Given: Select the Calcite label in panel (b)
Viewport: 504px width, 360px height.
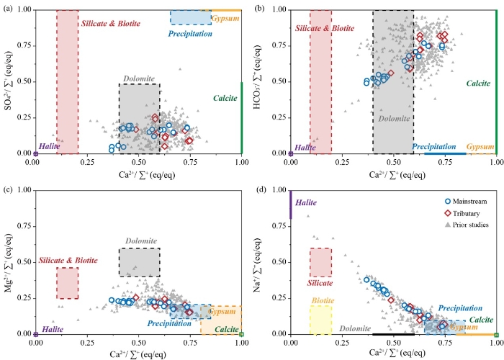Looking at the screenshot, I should (x=478, y=84).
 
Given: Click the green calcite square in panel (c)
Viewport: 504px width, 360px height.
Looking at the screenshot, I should (x=242, y=334).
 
